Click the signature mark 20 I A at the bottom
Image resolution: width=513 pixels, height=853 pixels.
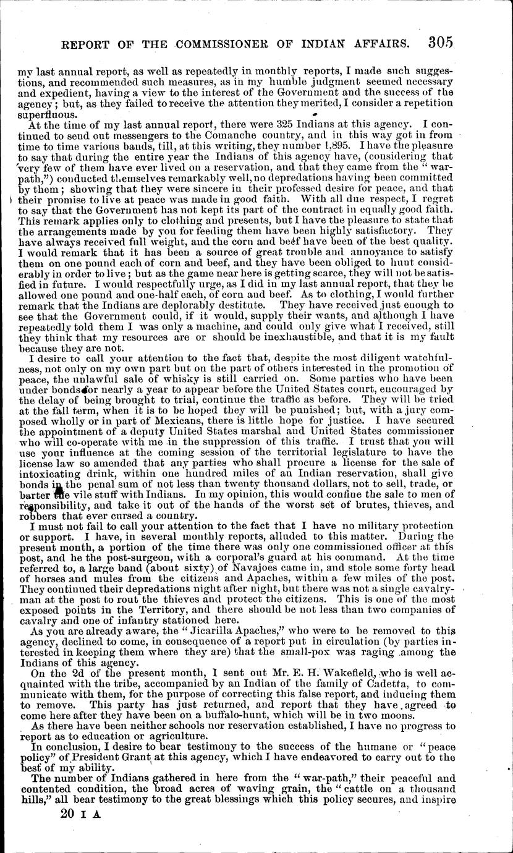(x=81, y=832)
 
